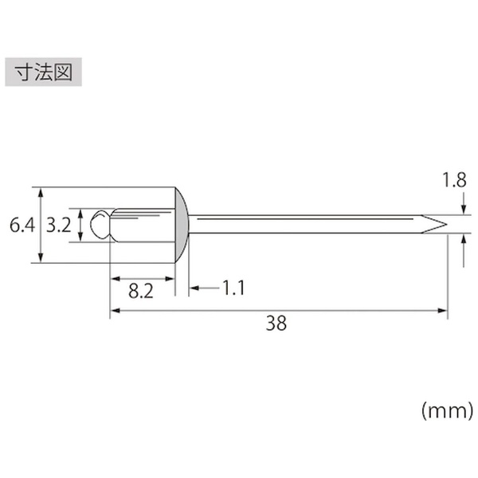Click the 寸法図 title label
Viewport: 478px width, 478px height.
[43, 72]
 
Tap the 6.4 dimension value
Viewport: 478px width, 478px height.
[22, 225]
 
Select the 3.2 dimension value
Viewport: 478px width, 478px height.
[58, 225]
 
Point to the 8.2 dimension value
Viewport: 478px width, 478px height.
[141, 291]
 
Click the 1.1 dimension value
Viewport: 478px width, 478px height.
[233, 288]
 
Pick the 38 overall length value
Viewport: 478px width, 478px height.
[276, 323]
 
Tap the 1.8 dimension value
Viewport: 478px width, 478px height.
[454, 180]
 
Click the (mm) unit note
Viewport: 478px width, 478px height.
[447, 411]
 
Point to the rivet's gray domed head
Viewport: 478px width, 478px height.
[182, 225]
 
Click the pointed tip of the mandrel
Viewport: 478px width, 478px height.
[447, 225]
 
